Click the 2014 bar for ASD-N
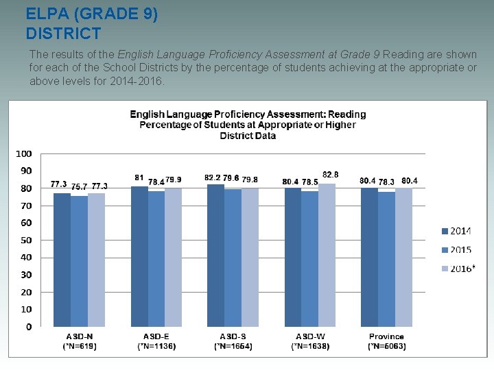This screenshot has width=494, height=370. click(62, 260)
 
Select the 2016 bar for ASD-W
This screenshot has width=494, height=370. click(327, 255)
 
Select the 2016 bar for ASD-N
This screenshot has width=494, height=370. click(96, 260)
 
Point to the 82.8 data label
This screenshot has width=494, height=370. click(330, 175)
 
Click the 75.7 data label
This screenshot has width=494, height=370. click(80, 186)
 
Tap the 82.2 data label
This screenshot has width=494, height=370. click(212, 177)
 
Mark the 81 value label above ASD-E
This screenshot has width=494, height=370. click(139, 177)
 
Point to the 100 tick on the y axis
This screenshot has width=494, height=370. click(23, 153)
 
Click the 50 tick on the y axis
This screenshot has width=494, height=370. click(25, 240)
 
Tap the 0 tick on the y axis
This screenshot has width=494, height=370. click(28, 327)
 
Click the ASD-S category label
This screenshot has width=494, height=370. click(233, 337)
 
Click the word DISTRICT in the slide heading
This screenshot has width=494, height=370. click(63, 33)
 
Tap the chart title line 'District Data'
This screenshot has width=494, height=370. click(248, 136)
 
